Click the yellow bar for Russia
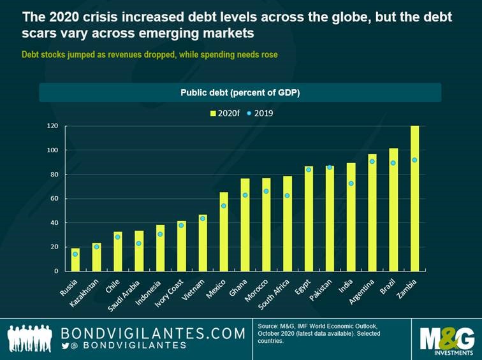pyautogui.click(x=75, y=260)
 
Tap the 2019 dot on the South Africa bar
pyautogui.click(x=288, y=196)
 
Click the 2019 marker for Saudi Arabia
pyautogui.click(x=139, y=243)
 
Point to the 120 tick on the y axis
pyautogui.click(x=53, y=126)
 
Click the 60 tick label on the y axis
pyautogui.click(x=55, y=199)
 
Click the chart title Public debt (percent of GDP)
pyautogui.click(x=240, y=92)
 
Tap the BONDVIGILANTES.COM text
pyautogui.click(x=153, y=333)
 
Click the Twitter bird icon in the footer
pyautogui.click(x=65, y=345)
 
